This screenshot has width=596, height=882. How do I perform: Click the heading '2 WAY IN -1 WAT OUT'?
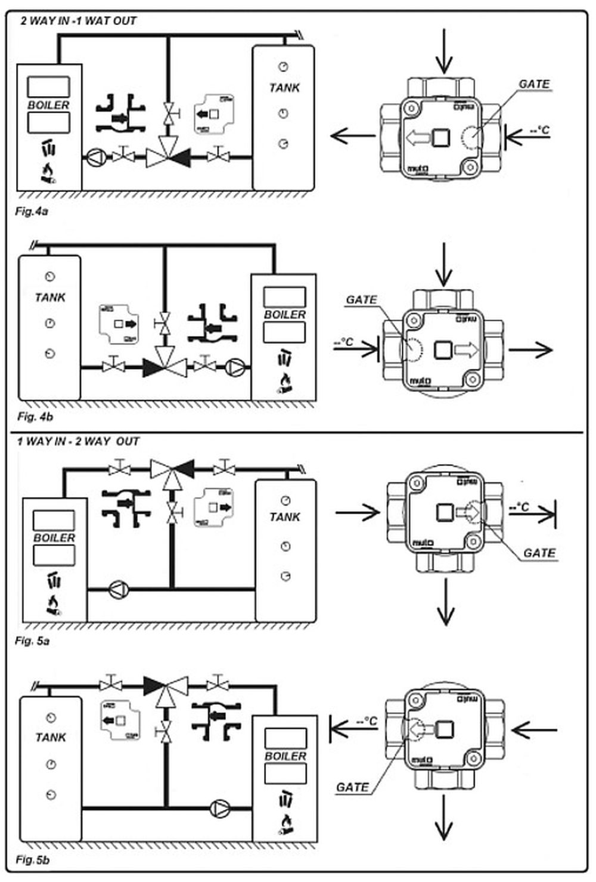click(x=78, y=21)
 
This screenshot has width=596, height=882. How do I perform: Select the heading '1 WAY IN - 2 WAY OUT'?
click(x=77, y=442)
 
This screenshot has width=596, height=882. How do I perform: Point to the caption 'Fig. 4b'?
click(x=35, y=416)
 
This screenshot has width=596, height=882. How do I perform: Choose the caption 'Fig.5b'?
click(x=33, y=860)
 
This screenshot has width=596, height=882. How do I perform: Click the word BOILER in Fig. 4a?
click(x=48, y=105)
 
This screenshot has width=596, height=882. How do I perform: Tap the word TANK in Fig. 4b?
click(x=50, y=298)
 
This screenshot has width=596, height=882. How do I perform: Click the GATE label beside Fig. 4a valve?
click(x=534, y=84)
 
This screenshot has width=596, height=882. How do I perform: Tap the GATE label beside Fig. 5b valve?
click(x=352, y=787)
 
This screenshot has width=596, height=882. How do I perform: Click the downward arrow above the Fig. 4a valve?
click(x=443, y=51)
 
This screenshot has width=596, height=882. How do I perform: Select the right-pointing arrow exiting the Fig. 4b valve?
click(x=531, y=350)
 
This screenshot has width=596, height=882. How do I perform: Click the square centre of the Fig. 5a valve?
click(x=445, y=512)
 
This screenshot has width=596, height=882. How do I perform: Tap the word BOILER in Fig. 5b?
click(x=285, y=756)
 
